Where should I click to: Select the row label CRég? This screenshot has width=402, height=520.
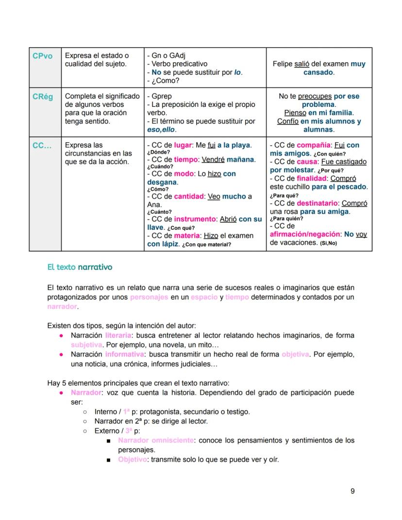43,97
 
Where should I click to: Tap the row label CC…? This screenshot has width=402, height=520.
42,145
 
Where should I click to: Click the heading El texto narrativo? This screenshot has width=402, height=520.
80,267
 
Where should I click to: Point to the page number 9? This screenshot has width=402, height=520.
352,491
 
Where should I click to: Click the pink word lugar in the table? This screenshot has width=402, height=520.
183,145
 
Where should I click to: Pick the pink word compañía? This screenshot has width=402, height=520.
314,145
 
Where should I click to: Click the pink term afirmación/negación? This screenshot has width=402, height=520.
305,234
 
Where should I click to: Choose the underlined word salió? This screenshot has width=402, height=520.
301,64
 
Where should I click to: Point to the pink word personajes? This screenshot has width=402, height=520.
149,297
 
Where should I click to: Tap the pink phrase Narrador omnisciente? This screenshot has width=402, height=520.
156,440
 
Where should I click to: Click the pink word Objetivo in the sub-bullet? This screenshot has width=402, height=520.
133,459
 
